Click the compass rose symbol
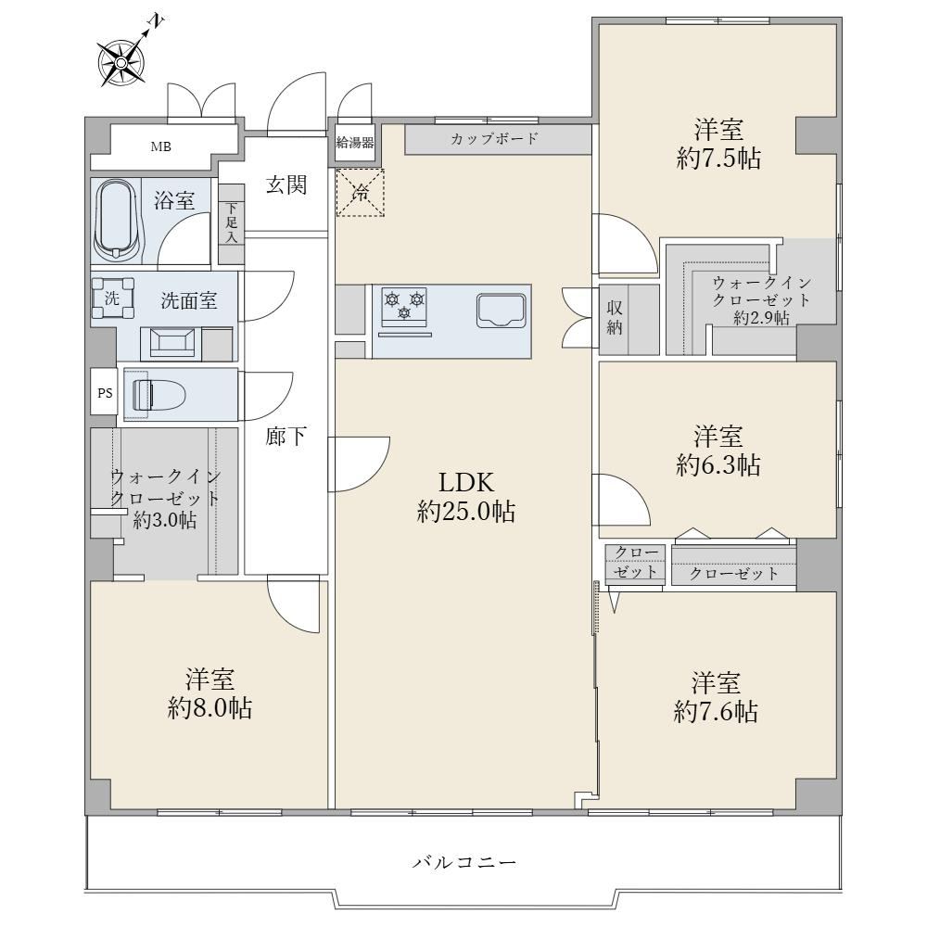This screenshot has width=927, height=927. point(121,62)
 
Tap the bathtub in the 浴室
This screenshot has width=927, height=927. point(119,220)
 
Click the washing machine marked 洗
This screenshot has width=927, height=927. point(112,298)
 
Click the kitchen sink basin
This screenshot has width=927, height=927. point(502,311)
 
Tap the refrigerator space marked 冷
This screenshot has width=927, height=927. point(360,192)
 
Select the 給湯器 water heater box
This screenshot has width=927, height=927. point(355,143)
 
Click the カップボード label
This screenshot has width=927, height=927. point(494,139)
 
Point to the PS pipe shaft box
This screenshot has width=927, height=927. point(105,392)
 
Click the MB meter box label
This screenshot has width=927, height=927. point(160,146)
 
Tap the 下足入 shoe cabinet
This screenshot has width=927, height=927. point(232,222)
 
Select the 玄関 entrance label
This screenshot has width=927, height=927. point(286,185)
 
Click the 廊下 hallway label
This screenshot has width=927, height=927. point(286,437)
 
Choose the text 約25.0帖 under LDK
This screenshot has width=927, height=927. point(466,512)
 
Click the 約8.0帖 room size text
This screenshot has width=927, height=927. point(210,707)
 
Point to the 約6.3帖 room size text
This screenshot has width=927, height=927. point(717,465)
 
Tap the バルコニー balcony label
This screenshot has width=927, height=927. point(464,862)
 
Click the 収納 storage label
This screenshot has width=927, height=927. point(615,317)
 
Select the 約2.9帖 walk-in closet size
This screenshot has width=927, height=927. point(761,318)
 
